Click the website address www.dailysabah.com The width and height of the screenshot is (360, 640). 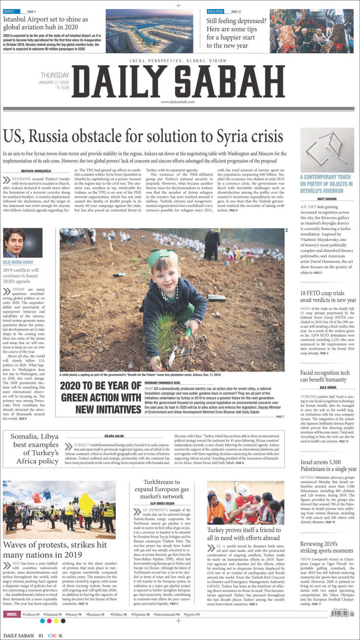click(x=178, y=102)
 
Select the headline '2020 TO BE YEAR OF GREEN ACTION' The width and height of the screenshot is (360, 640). click(x=100, y=398)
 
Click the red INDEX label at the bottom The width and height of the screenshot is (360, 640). click(x=12, y=628)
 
